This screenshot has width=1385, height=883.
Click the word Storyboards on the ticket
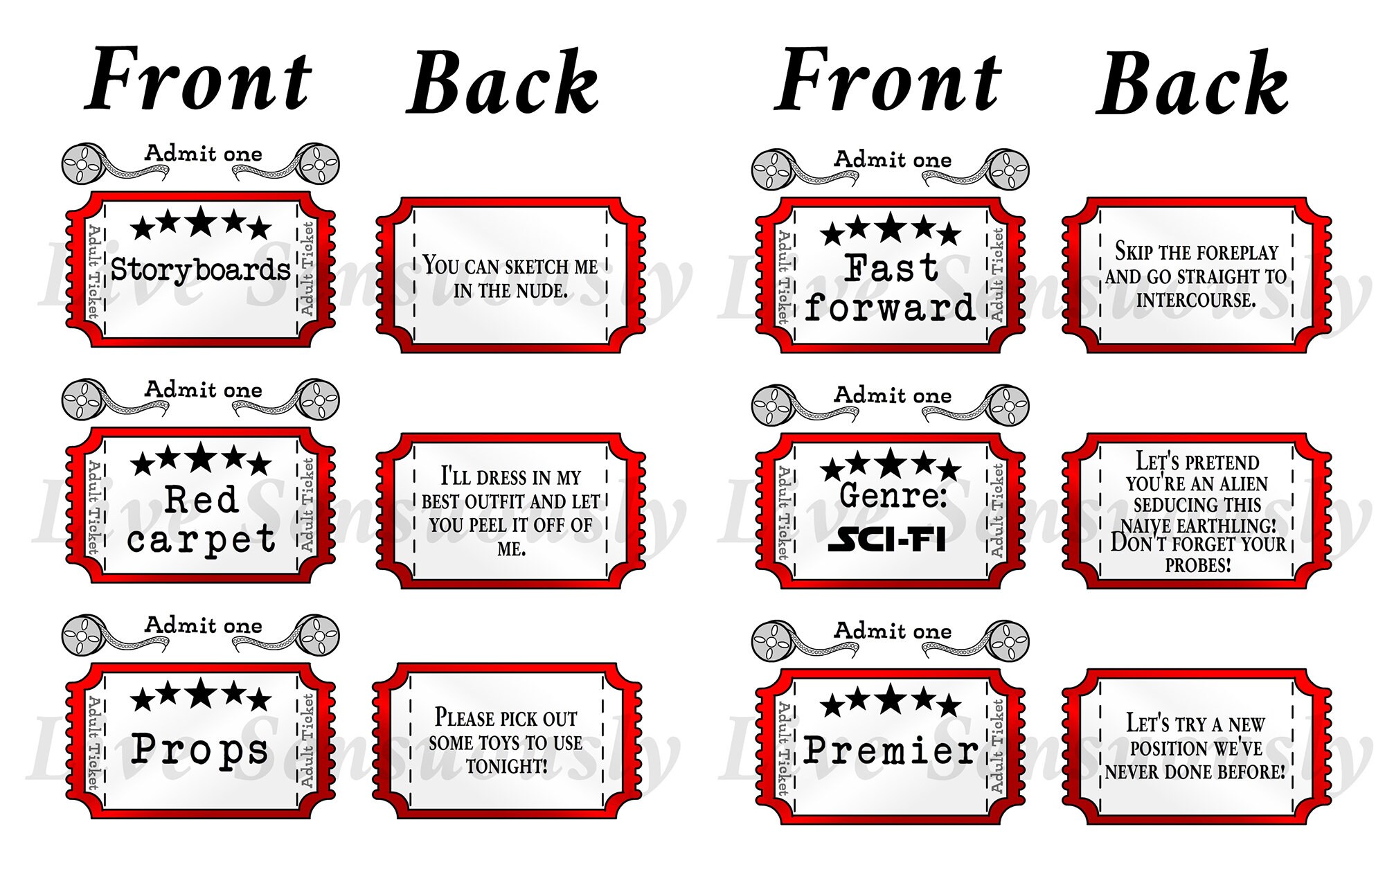(200, 269)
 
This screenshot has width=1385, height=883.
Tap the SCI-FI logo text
(887, 539)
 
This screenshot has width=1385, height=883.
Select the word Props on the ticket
(199, 749)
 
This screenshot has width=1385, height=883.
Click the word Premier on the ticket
(891, 750)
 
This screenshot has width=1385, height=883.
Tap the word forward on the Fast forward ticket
(890, 307)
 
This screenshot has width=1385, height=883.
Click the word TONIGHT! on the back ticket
(506, 767)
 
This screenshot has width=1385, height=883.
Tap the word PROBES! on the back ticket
(1198, 565)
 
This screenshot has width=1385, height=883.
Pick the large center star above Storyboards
(201, 222)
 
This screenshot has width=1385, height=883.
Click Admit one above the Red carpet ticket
(204, 390)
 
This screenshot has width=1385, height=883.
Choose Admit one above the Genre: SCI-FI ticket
(893, 395)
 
